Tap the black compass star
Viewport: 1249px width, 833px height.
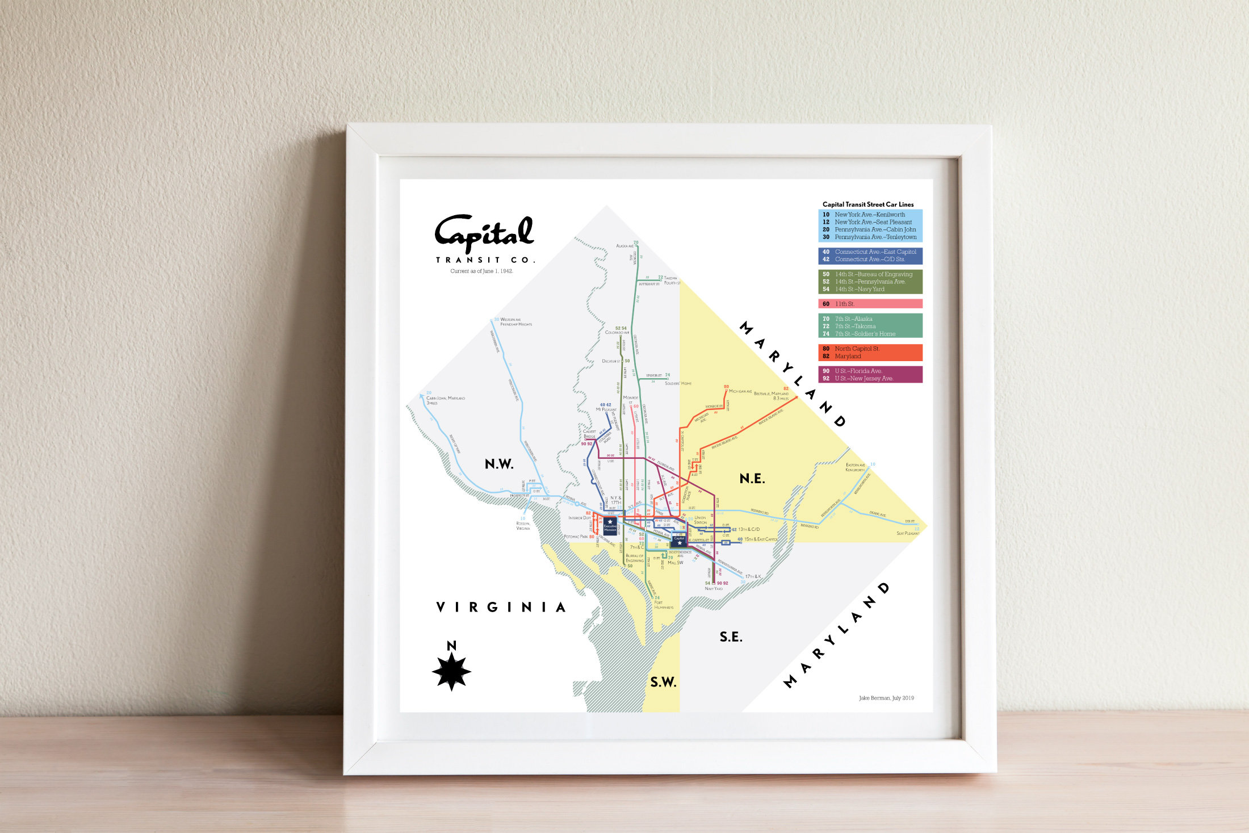pyautogui.click(x=451, y=671)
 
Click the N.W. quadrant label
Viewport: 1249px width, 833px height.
pyautogui.click(x=499, y=464)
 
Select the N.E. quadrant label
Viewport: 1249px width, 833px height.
pyautogui.click(x=752, y=479)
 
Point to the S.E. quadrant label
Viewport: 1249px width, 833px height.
pyautogui.click(x=731, y=637)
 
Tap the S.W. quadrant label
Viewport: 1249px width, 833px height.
pyautogui.click(x=663, y=683)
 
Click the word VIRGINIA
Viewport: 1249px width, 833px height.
pyautogui.click(x=501, y=608)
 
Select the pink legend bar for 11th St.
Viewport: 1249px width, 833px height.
pyautogui.click(x=870, y=304)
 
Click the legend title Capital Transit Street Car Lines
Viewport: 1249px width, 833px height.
pyautogui.click(x=868, y=204)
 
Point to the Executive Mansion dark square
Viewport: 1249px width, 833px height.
pyautogui.click(x=610, y=526)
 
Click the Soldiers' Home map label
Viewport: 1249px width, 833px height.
pyautogui.click(x=678, y=383)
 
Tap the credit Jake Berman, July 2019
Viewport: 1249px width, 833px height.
pyautogui.click(x=886, y=698)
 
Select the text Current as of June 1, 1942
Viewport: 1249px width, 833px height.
pyautogui.click(x=481, y=271)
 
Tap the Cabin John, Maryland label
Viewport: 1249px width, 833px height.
pyautogui.click(x=445, y=398)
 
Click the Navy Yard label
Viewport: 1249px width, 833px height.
pyautogui.click(x=714, y=588)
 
